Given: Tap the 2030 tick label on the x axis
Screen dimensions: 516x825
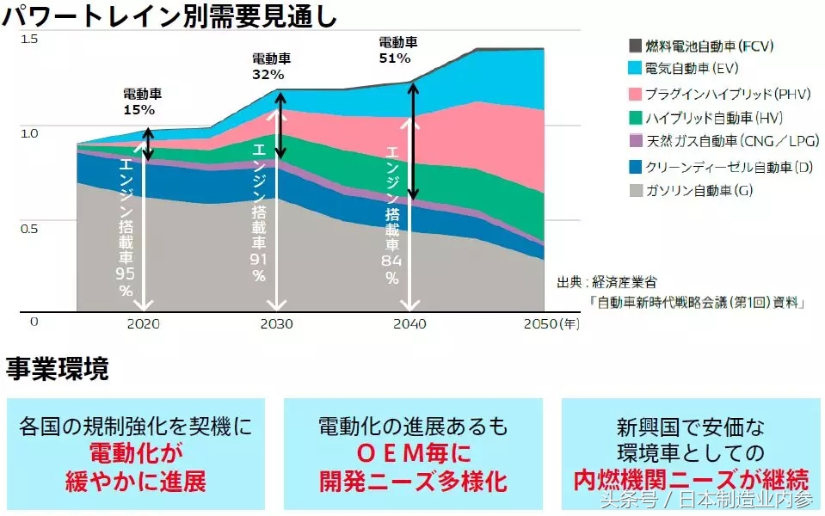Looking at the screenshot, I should [x=276, y=324].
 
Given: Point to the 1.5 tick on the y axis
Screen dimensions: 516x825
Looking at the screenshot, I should [x=30, y=39].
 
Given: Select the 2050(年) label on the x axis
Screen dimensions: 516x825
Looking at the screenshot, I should [x=551, y=324].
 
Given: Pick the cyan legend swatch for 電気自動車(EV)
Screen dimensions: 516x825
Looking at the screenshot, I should [x=635, y=68].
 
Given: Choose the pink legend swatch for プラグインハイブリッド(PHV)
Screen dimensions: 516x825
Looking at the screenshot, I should [x=635, y=93].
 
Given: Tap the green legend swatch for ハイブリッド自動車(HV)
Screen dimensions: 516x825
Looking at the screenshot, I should [x=635, y=118].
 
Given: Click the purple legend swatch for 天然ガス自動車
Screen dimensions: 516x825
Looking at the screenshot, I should [x=635, y=141].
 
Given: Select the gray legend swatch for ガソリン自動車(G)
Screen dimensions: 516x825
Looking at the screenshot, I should [x=635, y=190].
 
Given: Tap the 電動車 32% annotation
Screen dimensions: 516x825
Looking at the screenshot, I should [x=270, y=66].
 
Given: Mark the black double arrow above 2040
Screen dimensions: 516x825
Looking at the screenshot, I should [x=414, y=141].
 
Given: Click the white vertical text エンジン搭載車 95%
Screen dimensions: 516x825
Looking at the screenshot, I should [x=126, y=228].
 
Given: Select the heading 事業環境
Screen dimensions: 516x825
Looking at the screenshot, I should [x=58, y=369].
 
